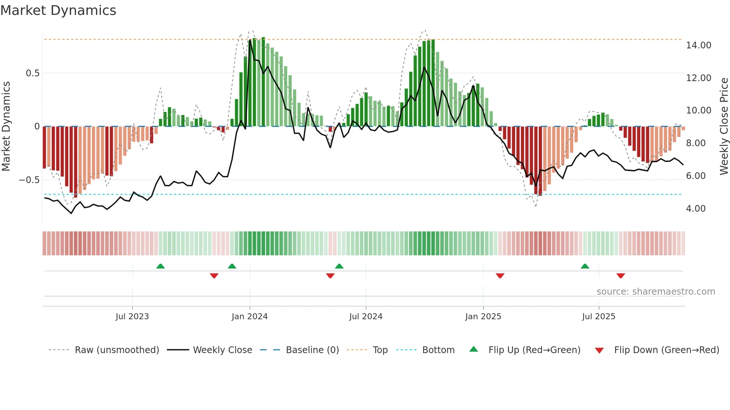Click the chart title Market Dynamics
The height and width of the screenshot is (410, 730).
58,10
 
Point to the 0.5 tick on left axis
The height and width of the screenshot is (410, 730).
33,73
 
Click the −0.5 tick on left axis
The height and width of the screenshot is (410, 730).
29,180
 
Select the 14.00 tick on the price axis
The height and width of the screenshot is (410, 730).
698,45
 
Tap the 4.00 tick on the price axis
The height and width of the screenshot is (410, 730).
696,209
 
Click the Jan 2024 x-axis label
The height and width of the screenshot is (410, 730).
250,317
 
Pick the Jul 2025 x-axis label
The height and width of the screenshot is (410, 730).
599,317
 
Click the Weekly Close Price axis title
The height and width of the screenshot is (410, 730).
724,126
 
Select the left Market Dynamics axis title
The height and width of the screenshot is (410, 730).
6,126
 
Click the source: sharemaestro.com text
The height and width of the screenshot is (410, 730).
656,292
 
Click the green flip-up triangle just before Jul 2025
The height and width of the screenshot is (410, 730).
585,266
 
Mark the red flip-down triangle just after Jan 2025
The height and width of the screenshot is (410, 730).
500,276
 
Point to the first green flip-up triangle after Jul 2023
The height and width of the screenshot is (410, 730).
161,266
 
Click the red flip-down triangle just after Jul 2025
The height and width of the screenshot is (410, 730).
620,276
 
